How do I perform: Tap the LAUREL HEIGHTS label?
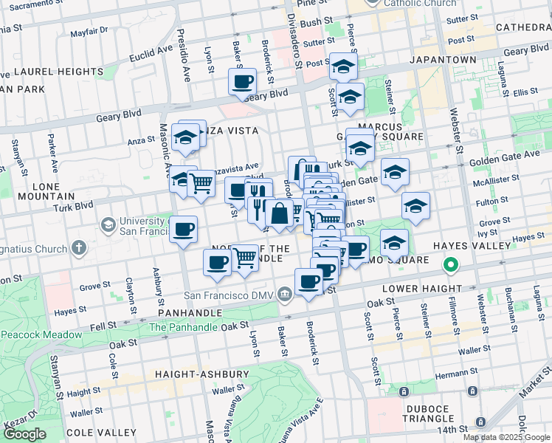[x=58, y=72]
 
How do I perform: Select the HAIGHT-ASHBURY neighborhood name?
[x=201, y=374]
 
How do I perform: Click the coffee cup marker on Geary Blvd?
[x=241, y=81]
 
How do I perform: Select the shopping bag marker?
[x=279, y=214]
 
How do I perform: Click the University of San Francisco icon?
[x=108, y=223]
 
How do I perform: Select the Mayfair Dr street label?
[x=89, y=34]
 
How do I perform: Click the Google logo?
[x=25, y=434]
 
